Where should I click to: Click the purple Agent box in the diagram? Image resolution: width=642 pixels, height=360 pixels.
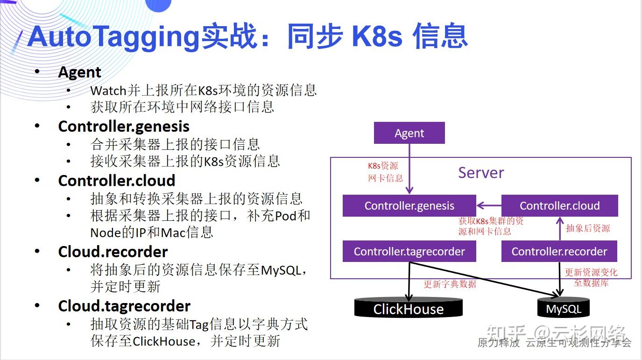pyautogui.click(x=409, y=133)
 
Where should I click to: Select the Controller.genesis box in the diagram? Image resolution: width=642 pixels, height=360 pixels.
pyautogui.click(x=409, y=206)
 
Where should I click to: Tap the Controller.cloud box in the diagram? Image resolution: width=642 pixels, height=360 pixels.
pyautogui.click(x=559, y=206)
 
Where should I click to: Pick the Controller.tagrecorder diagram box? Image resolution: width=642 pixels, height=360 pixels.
pyautogui.click(x=409, y=252)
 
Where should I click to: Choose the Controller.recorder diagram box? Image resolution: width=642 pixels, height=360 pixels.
pyautogui.click(x=559, y=252)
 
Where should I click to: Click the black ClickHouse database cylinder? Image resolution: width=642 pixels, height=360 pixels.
pyautogui.click(x=409, y=309)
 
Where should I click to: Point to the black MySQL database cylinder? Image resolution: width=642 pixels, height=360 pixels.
pyautogui.click(x=564, y=309)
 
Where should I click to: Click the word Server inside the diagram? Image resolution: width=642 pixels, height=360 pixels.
pyautogui.click(x=481, y=173)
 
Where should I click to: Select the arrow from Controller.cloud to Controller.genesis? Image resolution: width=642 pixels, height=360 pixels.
pyautogui.click(x=488, y=206)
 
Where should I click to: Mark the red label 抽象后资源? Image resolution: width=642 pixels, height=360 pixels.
pyautogui.click(x=588, y=228)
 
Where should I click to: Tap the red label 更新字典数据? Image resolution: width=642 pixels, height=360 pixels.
pyautogui.click(x=450, y=284)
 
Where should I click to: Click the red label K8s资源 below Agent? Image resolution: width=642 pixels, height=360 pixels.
pyautogui.click(x=383, y=166)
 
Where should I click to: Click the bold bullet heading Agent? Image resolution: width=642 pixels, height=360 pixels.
pyautogui.click(x=79, y=72)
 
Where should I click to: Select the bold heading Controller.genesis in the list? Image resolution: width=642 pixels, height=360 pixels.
pyautogui.click(x=124, y=127)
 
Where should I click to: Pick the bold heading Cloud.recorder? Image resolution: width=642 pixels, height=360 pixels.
pyautogui.click(x=113, y=252)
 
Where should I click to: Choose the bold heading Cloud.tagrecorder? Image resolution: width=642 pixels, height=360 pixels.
pyautogui.click(x=124, y=306)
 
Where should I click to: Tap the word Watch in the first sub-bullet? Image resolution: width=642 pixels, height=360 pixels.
pyautogui.click(x=108, y=90)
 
